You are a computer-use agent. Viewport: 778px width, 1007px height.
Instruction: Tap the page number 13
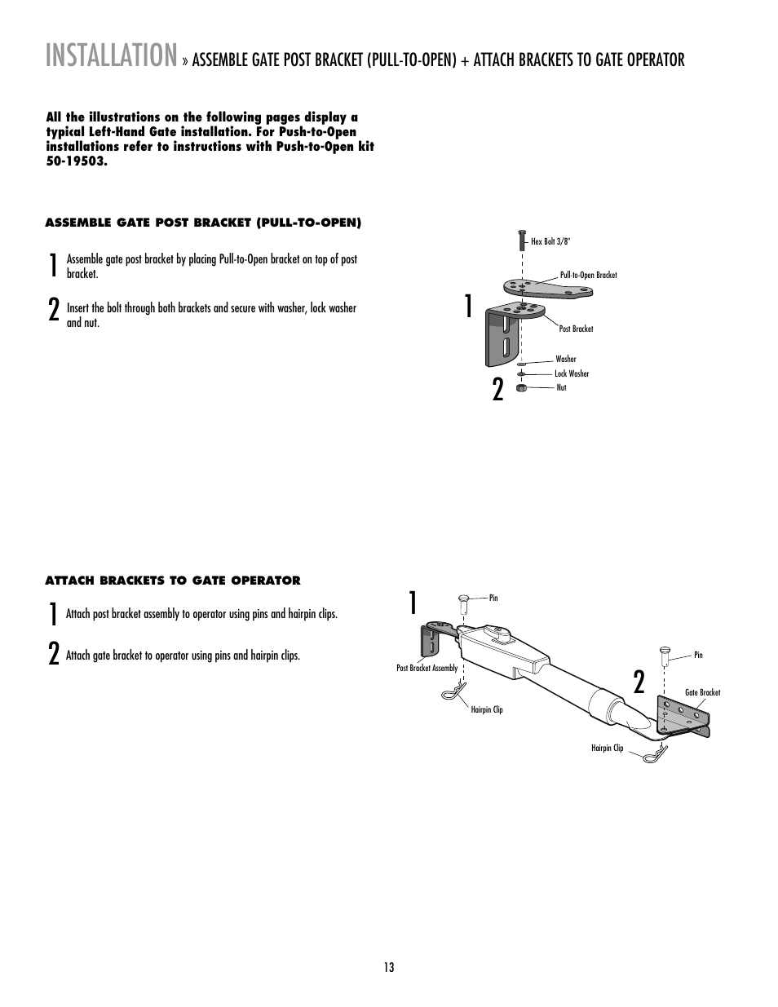tap(389, 967)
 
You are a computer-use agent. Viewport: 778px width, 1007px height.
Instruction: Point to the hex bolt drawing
tap(521, 240)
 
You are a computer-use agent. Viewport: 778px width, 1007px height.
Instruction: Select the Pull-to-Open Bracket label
tap(588, 275)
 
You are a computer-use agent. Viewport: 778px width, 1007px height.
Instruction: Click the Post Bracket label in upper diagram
tap(576, 329)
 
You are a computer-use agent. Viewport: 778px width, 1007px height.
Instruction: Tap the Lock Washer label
tap(572, 373)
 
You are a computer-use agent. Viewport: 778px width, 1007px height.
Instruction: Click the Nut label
tap(561, 387)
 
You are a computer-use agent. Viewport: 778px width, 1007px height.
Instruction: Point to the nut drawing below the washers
tap(522, 387)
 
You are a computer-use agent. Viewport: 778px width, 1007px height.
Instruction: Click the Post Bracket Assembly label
tap(427, 668)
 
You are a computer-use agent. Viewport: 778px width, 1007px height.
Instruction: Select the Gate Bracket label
tap(702, 692)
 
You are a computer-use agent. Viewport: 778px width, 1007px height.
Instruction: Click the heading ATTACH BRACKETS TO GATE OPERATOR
tap(173, 581)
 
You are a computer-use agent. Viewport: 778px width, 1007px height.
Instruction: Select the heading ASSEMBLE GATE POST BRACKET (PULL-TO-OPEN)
tap(203, 222)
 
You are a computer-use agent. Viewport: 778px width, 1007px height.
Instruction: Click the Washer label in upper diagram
tap(565, 359)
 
